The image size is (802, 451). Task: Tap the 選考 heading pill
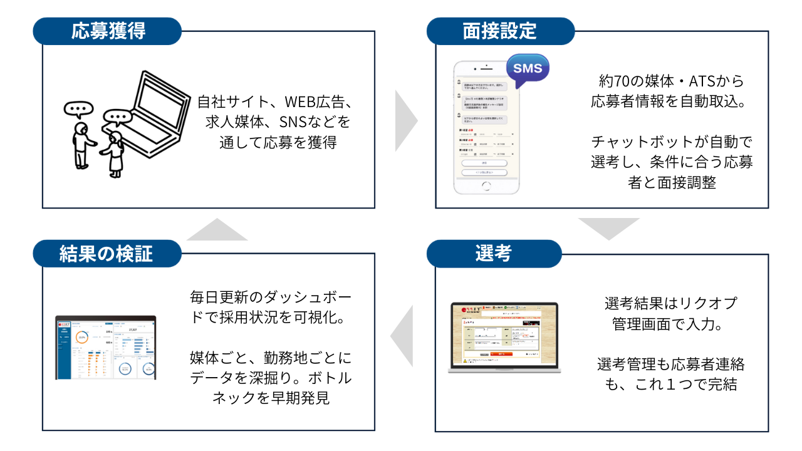[494, 253]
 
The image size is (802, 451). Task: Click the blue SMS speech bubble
[528, 69]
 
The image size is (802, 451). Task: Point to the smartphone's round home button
[486, 185]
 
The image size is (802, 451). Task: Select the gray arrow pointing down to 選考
[608, 228]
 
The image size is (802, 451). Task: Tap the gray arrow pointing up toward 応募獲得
[217, 230]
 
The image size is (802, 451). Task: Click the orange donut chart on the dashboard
[81, 337]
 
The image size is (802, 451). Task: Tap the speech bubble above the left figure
[78, 110]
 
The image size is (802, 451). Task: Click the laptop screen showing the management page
[504, 336]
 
